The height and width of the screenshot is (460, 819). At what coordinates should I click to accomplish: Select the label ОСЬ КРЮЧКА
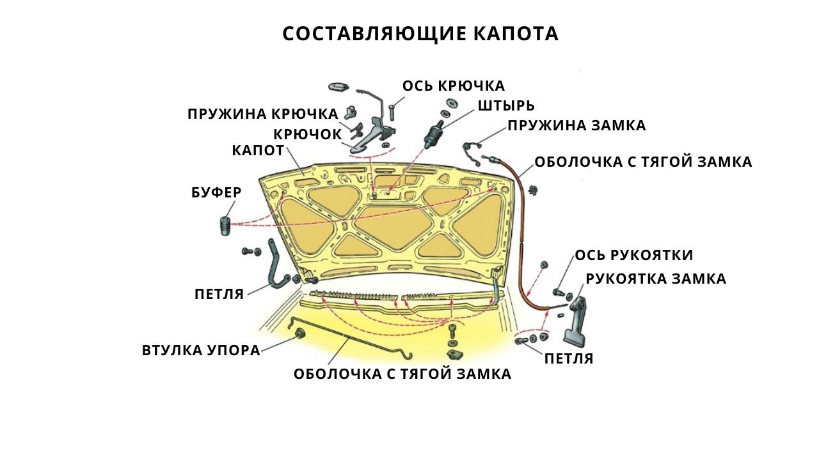point(454,86)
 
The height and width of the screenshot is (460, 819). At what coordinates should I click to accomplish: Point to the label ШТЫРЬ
point(506,106)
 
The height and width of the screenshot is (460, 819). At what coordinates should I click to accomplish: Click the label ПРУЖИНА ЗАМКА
point(576,126)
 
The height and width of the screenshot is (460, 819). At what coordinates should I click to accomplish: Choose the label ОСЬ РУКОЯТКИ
point(634,255)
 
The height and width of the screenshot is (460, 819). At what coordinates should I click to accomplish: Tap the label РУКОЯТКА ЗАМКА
point(656,279)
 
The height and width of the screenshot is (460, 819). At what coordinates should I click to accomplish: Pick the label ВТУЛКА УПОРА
point(201,351)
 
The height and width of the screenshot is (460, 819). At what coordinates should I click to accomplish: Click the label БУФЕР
point(216,192)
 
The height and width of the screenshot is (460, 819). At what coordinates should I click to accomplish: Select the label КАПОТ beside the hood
point(258,150)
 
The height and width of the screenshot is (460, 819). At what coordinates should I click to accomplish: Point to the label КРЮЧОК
point(308,135)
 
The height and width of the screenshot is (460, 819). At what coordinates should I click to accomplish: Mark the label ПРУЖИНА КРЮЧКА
point(263,114)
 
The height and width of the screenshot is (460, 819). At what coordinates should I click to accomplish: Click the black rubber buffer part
point(225,226)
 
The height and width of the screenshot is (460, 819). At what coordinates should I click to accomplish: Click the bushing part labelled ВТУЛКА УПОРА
point(301,332)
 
